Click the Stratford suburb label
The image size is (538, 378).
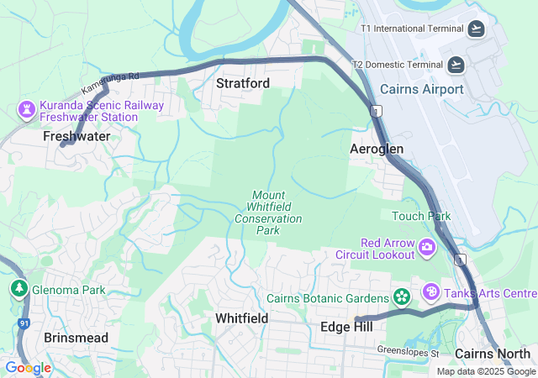(243, 83)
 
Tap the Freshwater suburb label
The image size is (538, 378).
(77, 135)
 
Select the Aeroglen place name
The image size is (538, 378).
(377, 149)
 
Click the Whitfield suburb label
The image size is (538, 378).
(241, 318)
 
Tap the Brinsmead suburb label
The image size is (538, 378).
(76, 337)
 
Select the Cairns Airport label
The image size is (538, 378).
(422, 89)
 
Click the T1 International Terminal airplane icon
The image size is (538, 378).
(477, 29)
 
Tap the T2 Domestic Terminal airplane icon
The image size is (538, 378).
(456, 64)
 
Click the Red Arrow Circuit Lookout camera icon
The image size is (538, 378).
(427, 247)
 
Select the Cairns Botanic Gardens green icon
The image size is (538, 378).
(402, 297)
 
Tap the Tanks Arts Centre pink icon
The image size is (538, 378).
(431, 292)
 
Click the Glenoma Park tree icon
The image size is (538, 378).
(18, 290)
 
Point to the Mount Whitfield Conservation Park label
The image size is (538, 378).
(267, 213)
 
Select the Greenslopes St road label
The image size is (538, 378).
(408, 351)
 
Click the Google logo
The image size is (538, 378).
(28, 367)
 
